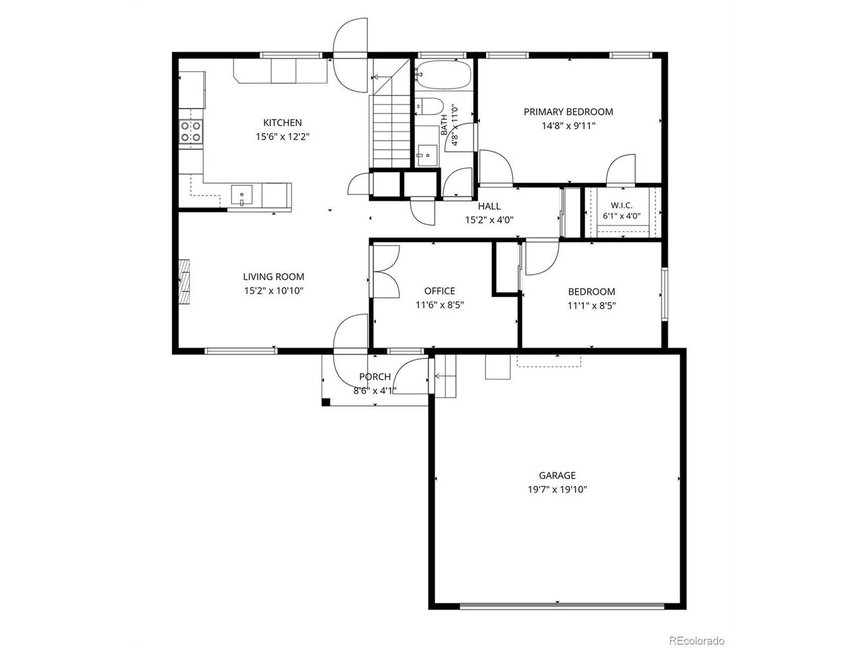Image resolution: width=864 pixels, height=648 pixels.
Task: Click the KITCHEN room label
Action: coord(282,122)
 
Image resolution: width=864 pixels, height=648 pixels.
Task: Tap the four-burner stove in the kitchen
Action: coord(191,132)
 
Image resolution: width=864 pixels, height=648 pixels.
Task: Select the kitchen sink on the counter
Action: coord(241,195)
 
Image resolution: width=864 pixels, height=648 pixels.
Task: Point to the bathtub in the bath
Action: coord(443,75)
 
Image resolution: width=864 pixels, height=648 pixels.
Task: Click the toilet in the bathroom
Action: coord(429,106)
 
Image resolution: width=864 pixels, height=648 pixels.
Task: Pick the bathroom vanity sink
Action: coord(427,155)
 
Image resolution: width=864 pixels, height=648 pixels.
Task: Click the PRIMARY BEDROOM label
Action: coord(568,112)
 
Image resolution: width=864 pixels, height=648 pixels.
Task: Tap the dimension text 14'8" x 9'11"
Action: coord(568,126)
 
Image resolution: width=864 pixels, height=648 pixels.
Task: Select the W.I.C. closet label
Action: coord(622,205)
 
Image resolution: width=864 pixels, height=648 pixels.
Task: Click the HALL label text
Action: coord(489,206)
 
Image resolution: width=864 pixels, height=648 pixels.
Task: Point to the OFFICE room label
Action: coord(439,291)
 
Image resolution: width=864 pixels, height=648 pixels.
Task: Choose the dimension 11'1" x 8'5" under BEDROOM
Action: coord(591,306)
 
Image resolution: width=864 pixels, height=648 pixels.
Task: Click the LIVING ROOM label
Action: coord(273,277)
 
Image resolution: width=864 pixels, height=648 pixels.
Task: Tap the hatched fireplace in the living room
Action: coord(184,281)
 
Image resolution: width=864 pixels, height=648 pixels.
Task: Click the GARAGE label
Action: coord(557,475)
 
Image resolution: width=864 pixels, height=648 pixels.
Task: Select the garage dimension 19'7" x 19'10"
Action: coord(557,489)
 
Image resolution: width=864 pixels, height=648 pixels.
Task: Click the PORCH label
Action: coord(375,377)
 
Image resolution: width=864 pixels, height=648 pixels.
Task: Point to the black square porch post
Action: coord(326,402)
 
